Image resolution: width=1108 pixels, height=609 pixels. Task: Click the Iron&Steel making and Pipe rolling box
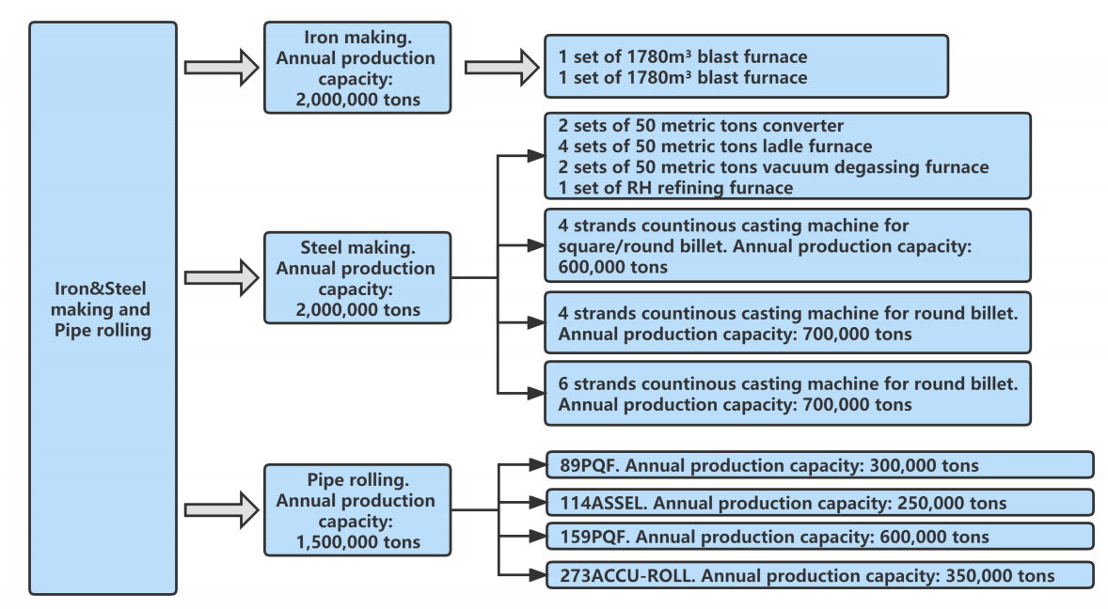click(103, 308)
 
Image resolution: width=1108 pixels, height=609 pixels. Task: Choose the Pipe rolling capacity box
click(356, 508)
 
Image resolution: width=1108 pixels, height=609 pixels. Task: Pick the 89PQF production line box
click(819, 465)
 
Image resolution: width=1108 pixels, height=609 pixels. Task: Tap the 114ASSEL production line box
click(819, 502)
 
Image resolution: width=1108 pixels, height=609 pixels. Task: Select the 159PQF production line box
click(819, 537)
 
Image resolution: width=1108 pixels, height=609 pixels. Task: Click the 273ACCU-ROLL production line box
click(819, 575)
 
